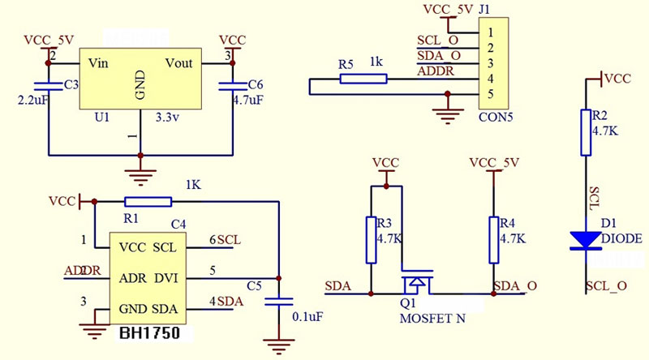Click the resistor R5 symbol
click(363, 79)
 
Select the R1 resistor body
click(148, 201)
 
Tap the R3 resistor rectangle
click(372, 239)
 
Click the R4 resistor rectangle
click(492, 239)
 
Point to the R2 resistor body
click(586, 132)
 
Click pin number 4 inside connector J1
click(489, 79)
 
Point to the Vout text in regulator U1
click(179, 62)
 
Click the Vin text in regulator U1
click(98, 62)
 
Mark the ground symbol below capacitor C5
click(280, 348)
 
